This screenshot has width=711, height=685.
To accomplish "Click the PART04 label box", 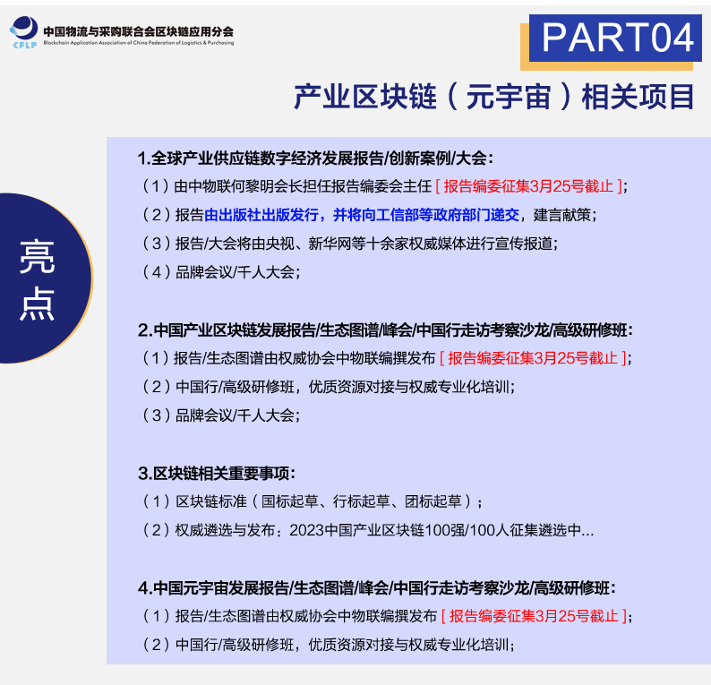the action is [x=615, y=39].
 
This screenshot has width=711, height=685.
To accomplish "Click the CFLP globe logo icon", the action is [x=24, y=31].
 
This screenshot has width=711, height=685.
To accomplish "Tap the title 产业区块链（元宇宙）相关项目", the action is [x=494, y=97].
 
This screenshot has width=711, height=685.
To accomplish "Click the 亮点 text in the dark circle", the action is [x=37, y=279].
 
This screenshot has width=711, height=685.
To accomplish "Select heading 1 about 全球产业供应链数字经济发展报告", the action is [x=315, y=158].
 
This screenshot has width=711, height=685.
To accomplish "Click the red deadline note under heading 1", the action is [x=528, y=186].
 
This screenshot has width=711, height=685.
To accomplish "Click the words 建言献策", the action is [x=561, y=215].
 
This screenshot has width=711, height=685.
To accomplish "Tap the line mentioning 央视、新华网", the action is [x=348, y=244].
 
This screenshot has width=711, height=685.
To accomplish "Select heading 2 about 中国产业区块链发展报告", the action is [x=385, y=330].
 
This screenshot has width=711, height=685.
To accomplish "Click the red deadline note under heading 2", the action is [x=533, y=358].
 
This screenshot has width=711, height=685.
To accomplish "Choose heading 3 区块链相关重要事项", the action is [x=217, y=474].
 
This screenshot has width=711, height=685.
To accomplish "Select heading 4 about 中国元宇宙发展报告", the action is [x=377, y=588].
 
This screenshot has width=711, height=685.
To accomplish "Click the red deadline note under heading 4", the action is [x=535, y=616].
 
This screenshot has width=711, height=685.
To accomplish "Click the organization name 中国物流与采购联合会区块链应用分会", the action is [x=138, y=31].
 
